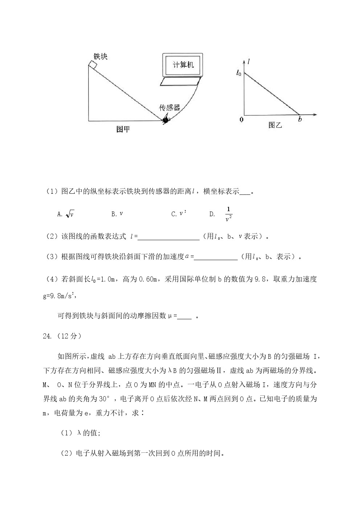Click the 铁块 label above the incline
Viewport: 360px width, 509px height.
click(101, 56)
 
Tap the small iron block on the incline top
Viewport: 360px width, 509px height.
click(92, 65)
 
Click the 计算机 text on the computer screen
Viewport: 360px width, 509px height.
click(183, 65)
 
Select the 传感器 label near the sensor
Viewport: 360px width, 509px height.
click(170, 107)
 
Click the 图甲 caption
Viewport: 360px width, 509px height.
click(123, 129)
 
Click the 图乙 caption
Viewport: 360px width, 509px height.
click(275, 125)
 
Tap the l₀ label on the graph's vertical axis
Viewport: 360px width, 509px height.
click(238, 73)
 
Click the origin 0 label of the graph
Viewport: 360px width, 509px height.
click(241, 119)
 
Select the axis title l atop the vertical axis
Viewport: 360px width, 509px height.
click(248, 62)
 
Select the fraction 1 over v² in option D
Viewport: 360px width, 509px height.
click(229, 214)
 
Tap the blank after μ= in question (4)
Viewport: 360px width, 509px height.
click(185, 316)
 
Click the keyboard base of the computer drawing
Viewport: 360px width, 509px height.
click(181, 82)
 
